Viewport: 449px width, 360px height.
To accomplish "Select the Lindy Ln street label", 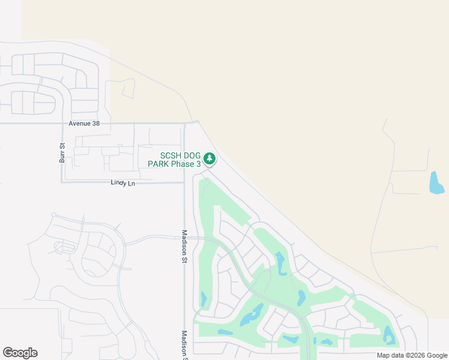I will click(122, 183).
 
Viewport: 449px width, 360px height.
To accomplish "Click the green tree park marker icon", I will click(209, 159).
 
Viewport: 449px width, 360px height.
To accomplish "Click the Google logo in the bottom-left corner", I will click(20, 353).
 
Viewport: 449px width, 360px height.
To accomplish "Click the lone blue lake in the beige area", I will click(436, 183).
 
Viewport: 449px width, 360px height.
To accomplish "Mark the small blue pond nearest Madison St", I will click(203, 298).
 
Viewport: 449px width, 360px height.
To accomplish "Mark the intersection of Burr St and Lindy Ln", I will click(62, 182).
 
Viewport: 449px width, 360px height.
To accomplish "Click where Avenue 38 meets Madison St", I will click(184, 123).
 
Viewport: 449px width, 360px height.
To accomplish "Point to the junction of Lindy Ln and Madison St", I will click(184, 182).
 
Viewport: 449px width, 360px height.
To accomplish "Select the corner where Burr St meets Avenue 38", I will click(62, 124).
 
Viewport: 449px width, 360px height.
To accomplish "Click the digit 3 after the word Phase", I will click(198, 164).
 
